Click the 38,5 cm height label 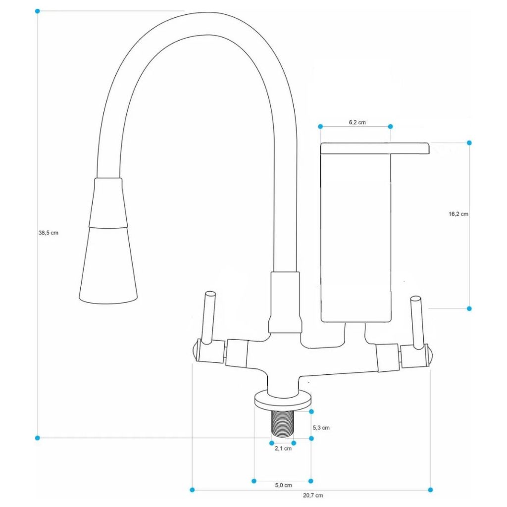click(49, 233)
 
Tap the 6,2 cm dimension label click(357, 122)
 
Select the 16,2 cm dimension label click(458, 214)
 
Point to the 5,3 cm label click(321, 427)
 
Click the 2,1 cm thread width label click(283, 449)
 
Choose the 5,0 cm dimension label click(283, 485)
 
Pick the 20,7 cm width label click(313, 495)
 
